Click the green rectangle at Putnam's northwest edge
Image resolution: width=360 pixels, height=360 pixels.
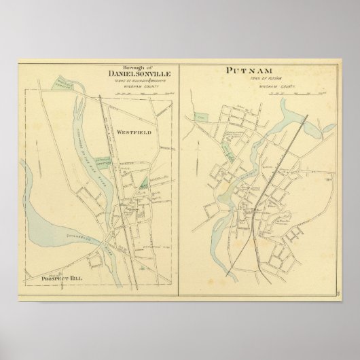[200, 116]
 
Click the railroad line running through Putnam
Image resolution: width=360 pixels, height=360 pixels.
[272, 177]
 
